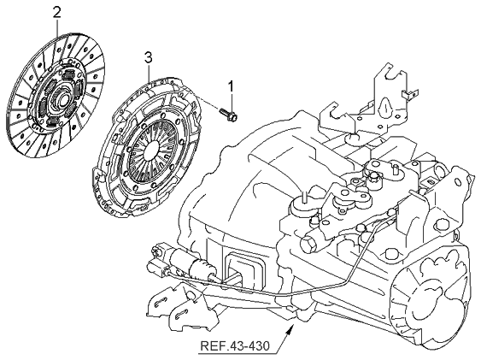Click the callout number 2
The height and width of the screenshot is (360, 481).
(56, 12)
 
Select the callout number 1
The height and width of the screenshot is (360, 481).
(229, 86)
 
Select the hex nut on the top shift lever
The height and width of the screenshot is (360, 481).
(375, 177)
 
